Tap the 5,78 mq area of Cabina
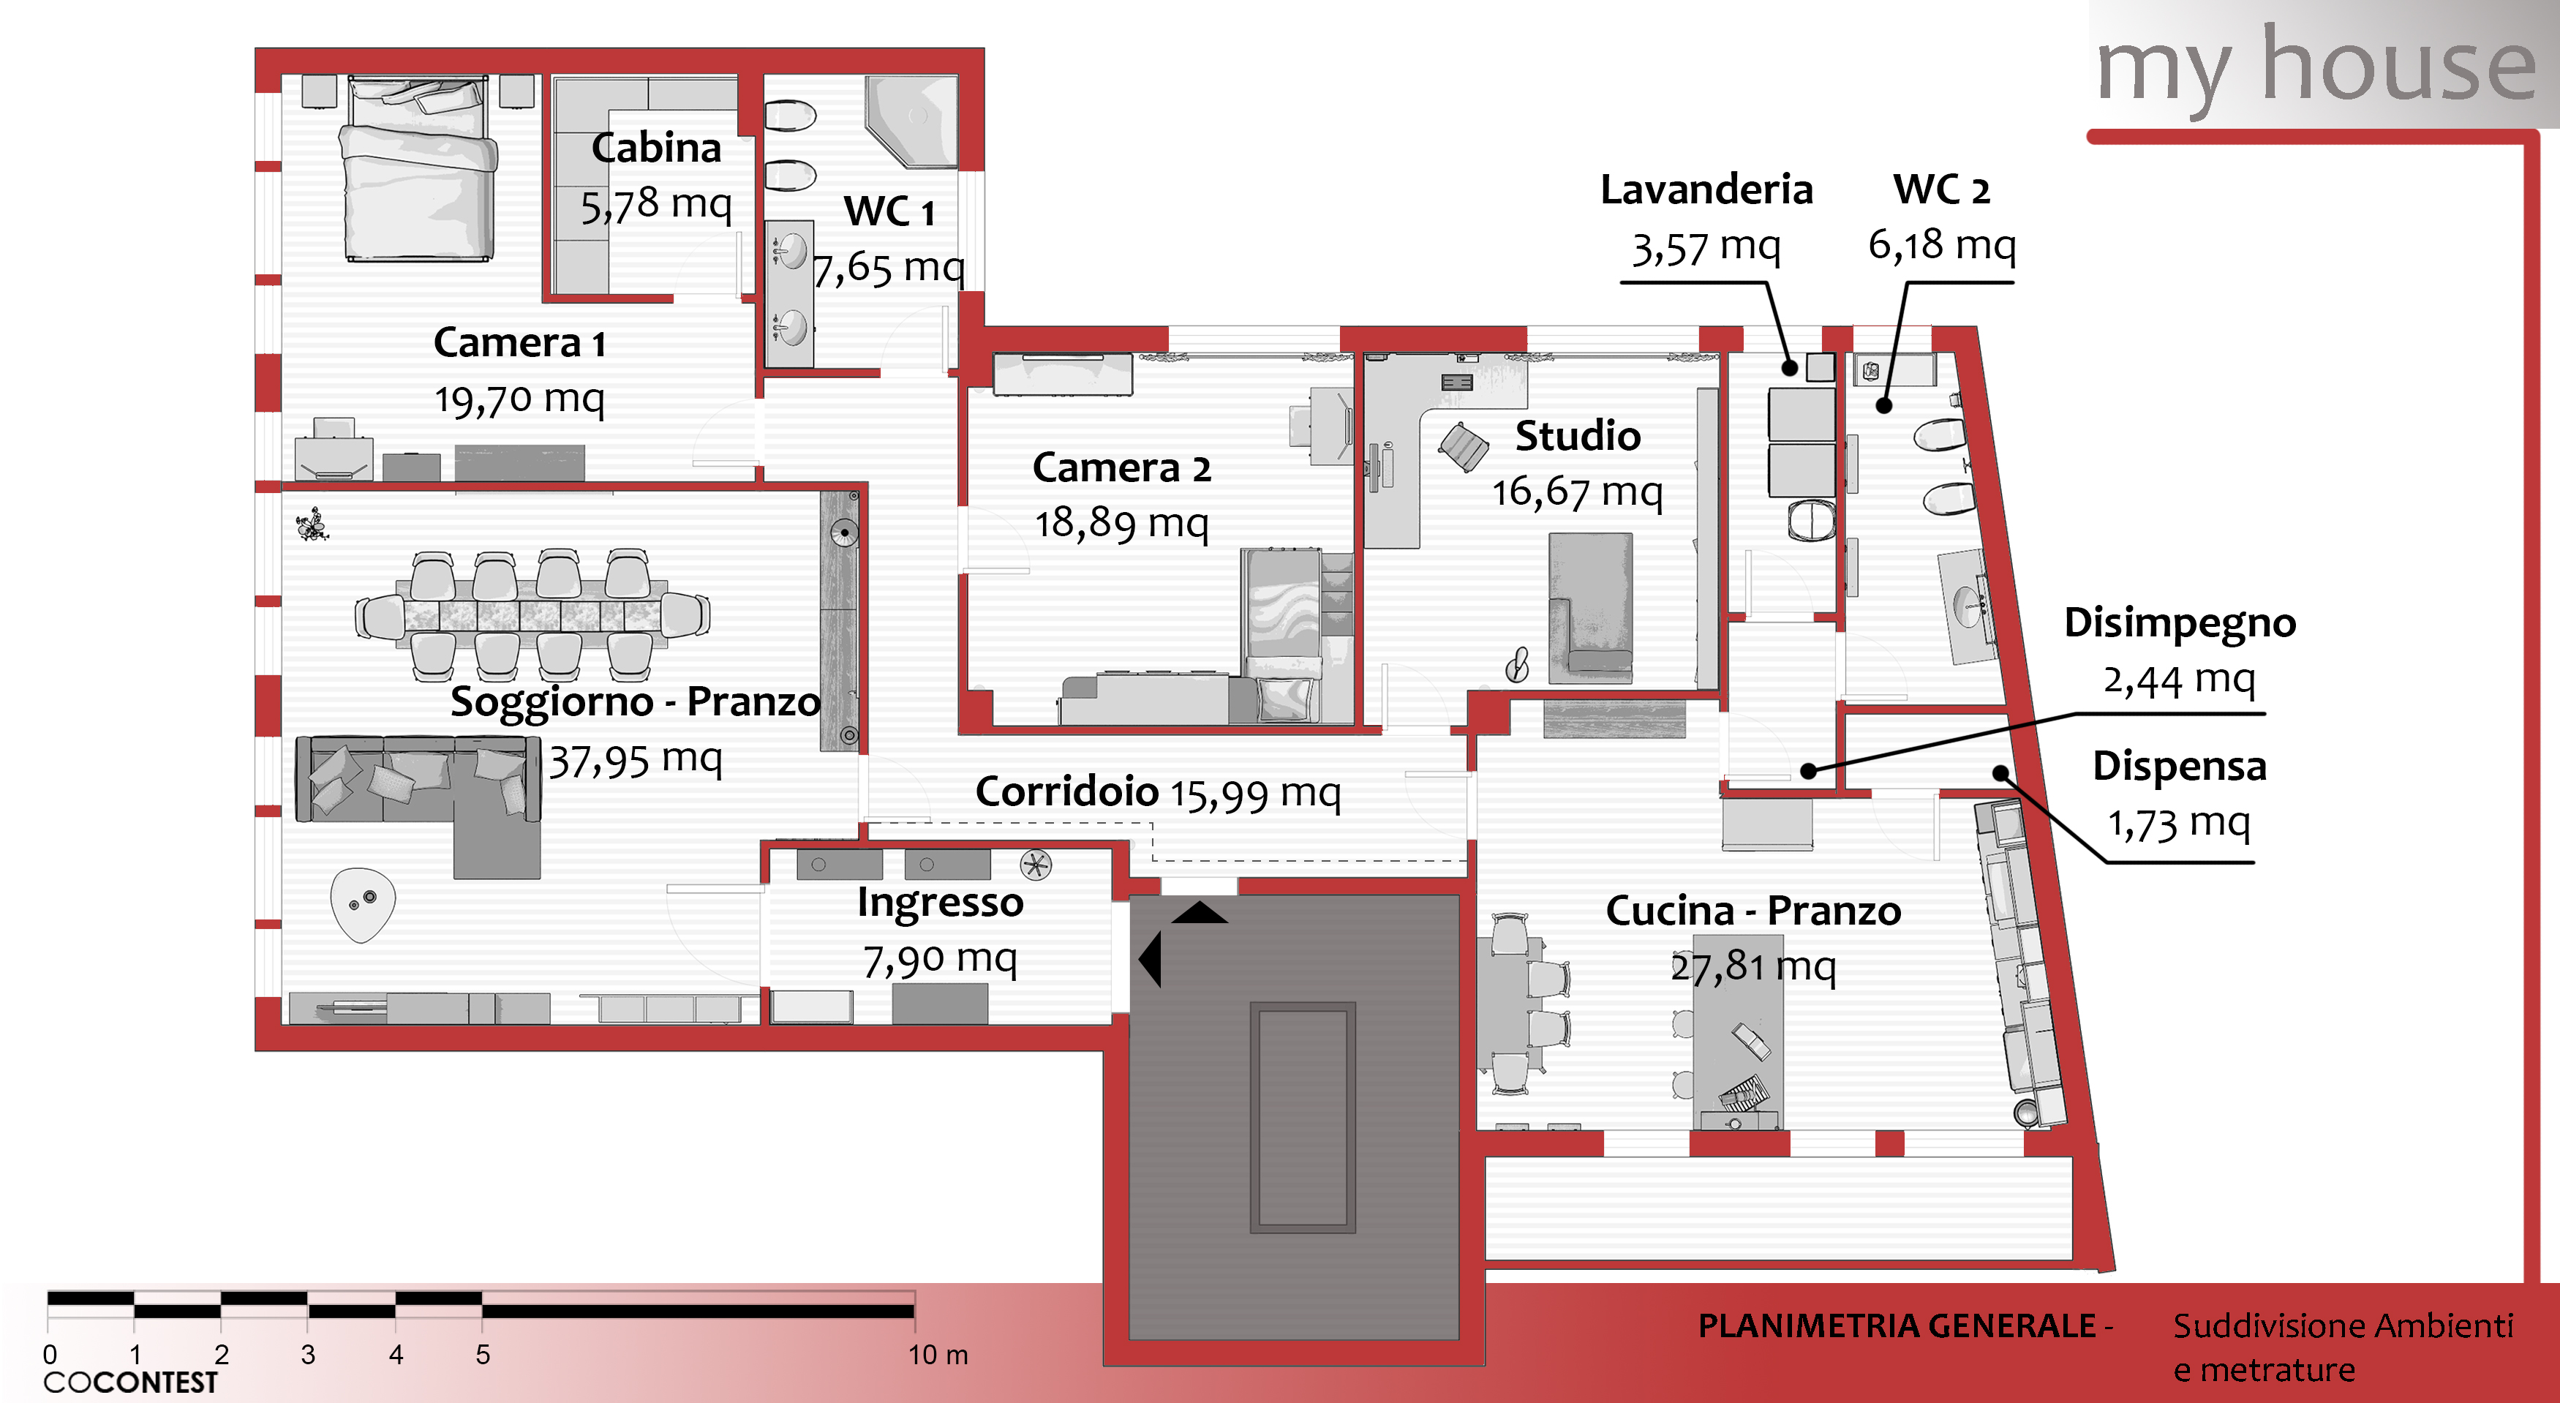click(656, 205)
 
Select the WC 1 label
click(889, 211)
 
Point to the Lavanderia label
click(1706, 189)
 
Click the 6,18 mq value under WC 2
click(1942, 244)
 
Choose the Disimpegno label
click(2180, 623)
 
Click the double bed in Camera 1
click(418, 169)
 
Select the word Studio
click(1577, 436)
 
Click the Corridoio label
click(1066, 792)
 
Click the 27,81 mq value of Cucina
click(1753, 966)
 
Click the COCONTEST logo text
click(130, 1382)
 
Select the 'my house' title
click(2316, 67)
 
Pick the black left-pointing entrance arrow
click(1150, 960)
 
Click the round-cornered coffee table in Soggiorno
click(363, 903)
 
